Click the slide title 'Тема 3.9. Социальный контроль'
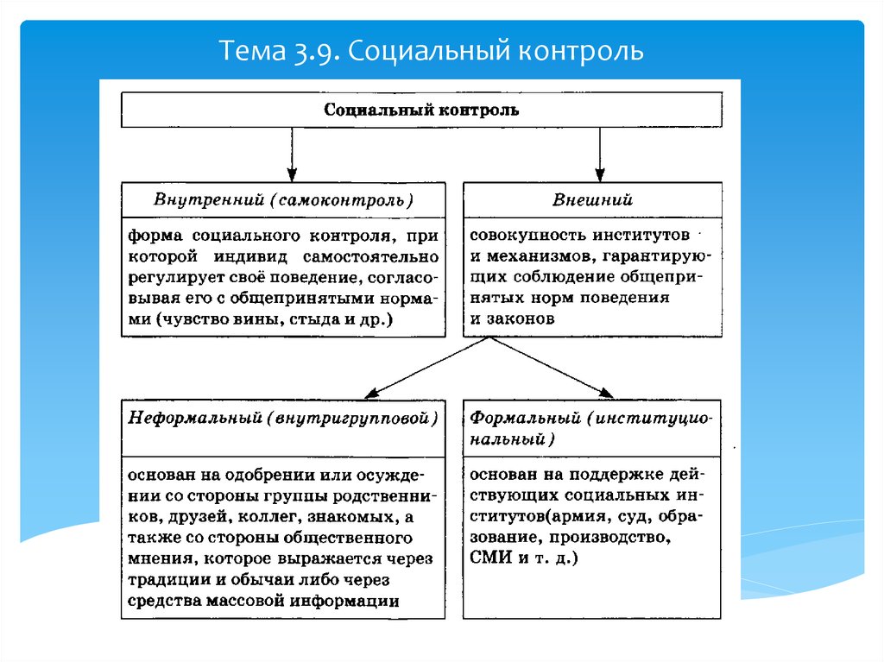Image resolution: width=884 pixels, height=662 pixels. click(431, 51)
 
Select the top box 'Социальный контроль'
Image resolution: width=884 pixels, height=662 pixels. click(421, 110)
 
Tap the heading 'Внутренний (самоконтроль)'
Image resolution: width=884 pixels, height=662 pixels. click(283, 200)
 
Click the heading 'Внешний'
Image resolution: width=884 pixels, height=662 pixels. click(592, 199)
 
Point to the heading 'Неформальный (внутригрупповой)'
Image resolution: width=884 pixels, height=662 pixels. click(283, 419)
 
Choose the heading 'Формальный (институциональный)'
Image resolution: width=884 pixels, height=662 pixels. click(590, 429)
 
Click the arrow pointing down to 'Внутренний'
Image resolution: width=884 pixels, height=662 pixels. click(292, 154)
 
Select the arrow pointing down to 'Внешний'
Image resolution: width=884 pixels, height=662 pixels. click(600, 154)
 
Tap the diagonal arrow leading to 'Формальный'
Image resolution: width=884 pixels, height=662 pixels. click(551, 368)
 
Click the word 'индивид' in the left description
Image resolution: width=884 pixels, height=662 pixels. click(250, 257)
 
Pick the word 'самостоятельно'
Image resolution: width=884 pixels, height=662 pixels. click(370, 257)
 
